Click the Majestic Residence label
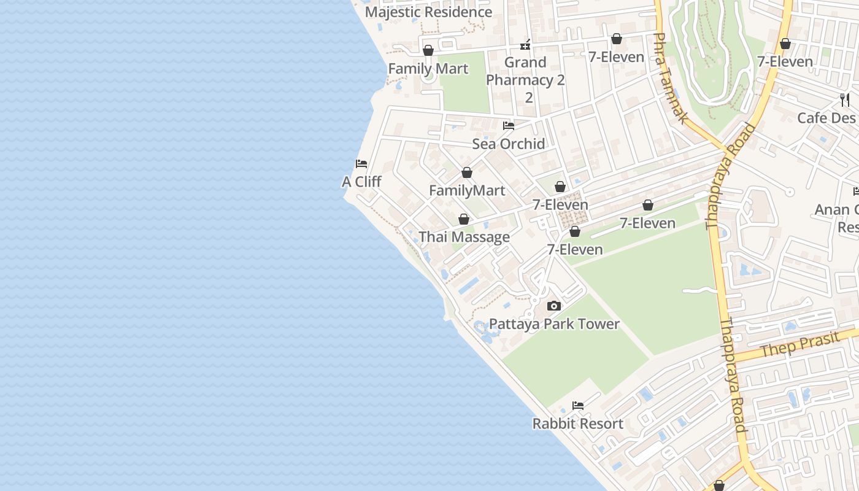coord(428,12)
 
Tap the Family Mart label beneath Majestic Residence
coord(428,69)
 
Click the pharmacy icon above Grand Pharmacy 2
coord(525,44)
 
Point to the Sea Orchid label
coord(509,144)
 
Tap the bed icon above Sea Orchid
coord(509,126)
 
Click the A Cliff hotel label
coord(361,182)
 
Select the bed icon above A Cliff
coord(361,164)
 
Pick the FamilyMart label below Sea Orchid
coord(467,190)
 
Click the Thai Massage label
coord(464,237)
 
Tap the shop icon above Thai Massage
coord(464,219)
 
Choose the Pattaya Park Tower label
coord(554,324)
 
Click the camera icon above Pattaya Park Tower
coord(554,306)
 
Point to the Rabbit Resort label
coord(577,423)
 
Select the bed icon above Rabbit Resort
coord(577,406)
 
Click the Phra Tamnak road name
coord(669,78)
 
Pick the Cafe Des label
coord(826,118)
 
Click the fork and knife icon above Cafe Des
coord(845,99)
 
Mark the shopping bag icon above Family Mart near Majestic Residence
coord(428,50)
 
